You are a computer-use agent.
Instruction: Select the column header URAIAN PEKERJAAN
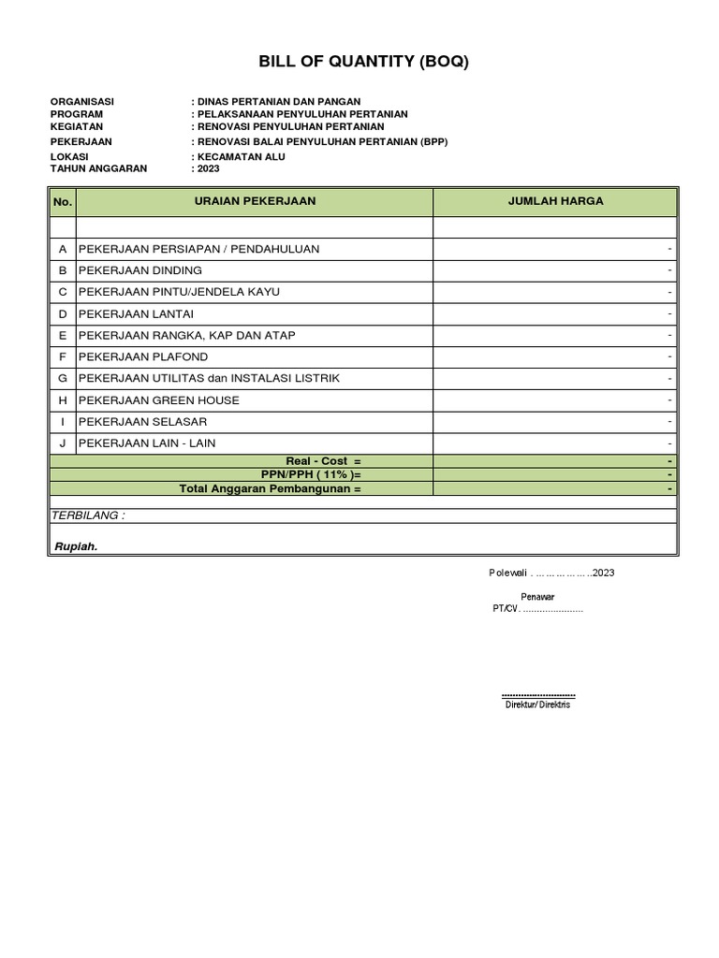pyautogui.click(x=254, y=201)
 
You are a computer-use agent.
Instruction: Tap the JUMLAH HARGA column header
pyautogui.click(x=555, y=201)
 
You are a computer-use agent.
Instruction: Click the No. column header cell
pyautogui.click(x=63, y=201)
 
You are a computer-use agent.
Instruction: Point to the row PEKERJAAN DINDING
pyautogui.click(x=140, y=270)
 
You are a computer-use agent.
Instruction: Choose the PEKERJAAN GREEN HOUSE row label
pyautogui.click(x=159, y=400)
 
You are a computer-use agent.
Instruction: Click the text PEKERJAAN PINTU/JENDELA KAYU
pyautogui.click(x=179, y=292)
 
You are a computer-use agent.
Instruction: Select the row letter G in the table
pyautogui.click(x=63, y=378)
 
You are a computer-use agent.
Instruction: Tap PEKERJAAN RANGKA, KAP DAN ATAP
pyautogui.click(x=188, y=335)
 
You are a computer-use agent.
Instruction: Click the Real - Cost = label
pyautogui.click(x=323, y=461)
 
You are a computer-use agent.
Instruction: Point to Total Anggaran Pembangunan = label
pyautogui.click(x=270, y=488)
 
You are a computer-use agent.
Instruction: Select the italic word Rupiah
pyautogui.click(x=74, y=547)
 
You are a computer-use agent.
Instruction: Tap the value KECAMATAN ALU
pyautogui.click(x=242, y=156)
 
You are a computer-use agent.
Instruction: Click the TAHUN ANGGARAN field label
pyautogui.click(x=98, y=168)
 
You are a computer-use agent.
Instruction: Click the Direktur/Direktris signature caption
pyautogui.click(x=537, y=704)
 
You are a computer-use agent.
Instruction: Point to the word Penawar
pyautogui.click(x=537, y=596)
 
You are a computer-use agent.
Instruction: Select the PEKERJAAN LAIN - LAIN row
pyautogui.click(x=147, y=443)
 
